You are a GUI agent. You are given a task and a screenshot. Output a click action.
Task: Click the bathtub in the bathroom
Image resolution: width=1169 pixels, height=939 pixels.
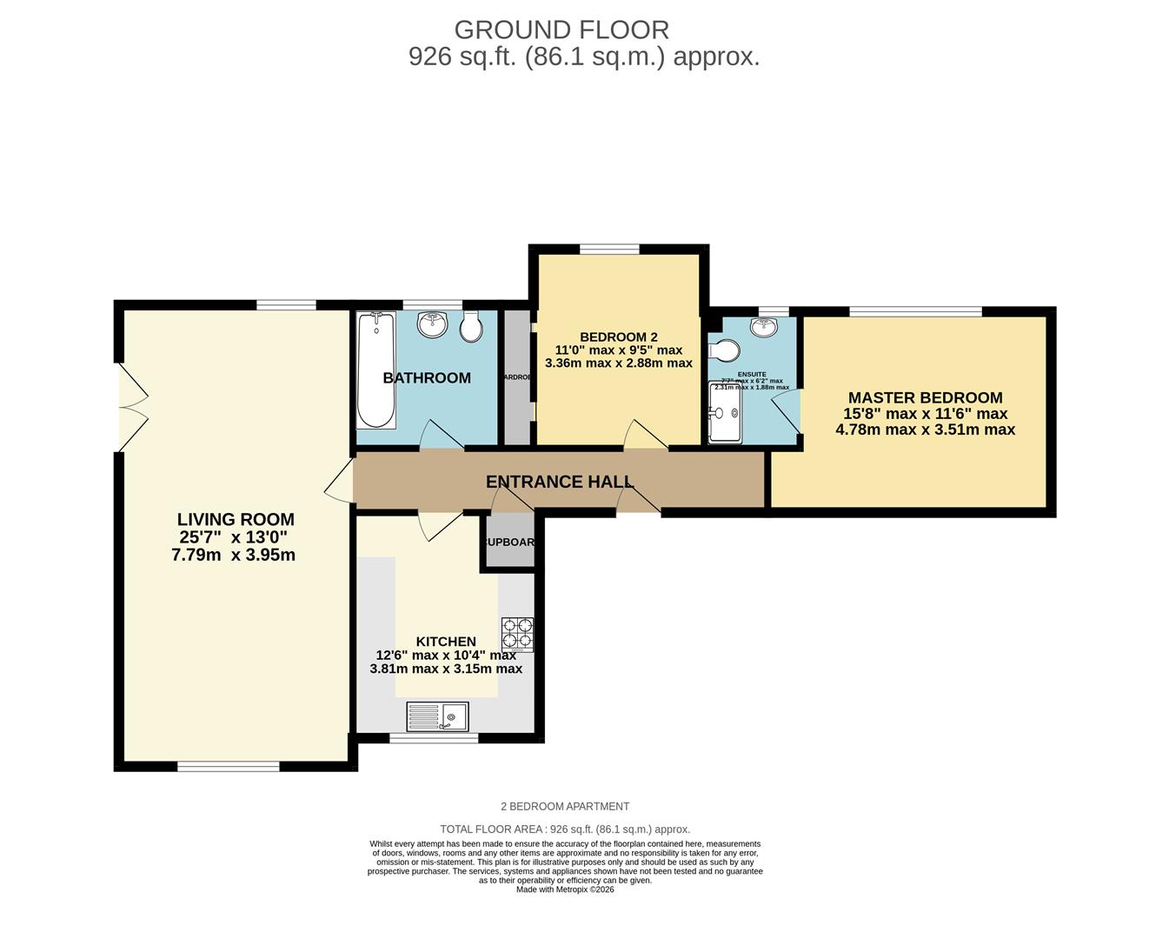pyautogui.click(x=375, y=370)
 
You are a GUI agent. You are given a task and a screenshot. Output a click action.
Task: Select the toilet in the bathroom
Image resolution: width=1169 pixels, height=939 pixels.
pyautogui.click(x=471, y=327)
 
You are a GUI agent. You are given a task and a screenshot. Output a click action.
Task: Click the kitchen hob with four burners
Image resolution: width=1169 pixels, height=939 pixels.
pyautogui.click(x=517, y=635)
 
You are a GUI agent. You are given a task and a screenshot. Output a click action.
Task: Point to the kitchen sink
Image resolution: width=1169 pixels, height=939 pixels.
pyautogui.click(x=437, y=716)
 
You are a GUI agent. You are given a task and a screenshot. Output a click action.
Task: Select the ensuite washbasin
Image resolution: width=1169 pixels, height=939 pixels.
pyautogui.click(x=764, y=328)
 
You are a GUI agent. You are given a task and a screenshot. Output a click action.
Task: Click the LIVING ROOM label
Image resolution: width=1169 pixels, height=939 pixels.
pyautogui.click(x=236, y=520)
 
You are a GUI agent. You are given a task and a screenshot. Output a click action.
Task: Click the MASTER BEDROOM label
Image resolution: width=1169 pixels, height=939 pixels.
pyautogui.click(x=925, y=397)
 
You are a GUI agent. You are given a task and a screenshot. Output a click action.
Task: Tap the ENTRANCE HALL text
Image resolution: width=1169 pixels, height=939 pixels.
pyautogui.click(x=559, y=482)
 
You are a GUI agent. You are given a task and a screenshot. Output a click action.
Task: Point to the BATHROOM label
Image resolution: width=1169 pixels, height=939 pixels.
pyautogui.click(x=427, y=378)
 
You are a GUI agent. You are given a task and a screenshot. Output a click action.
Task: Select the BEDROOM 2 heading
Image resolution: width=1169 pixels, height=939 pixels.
pyautogui.click(x=618, y=337)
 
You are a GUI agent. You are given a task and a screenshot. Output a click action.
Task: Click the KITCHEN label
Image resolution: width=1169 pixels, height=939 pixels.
pyautogui.click(x=446, y=642)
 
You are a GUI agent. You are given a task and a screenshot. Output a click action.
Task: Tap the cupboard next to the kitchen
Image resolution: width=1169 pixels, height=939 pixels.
pyautogui.click(x=509, y=541)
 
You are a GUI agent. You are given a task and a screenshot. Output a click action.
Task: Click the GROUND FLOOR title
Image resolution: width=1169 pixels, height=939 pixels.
pyautogui.click(x=561, y=30)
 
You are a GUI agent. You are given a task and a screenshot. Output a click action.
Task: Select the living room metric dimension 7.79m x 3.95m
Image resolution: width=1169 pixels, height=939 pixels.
pyautogui.click(x=234, y=555)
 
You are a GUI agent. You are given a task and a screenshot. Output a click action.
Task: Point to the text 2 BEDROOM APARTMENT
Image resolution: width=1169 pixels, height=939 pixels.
pyautogui.click(x=565, y=807)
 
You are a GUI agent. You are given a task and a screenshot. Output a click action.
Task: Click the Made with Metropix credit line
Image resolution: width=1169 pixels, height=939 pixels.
pyautogui.click(x=565, y=889)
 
